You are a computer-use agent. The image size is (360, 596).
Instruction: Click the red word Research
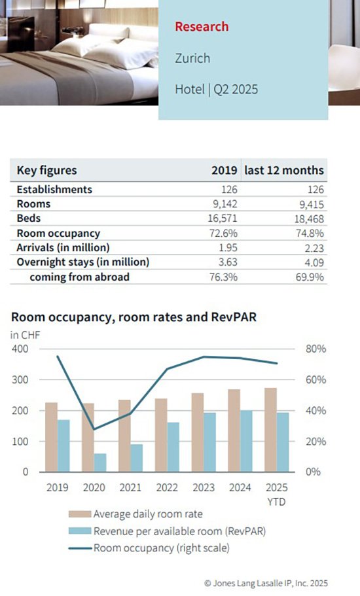point(202,27)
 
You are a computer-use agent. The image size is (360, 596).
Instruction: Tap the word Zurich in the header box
point(192,58)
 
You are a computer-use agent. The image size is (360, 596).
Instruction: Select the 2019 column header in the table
point(225,170)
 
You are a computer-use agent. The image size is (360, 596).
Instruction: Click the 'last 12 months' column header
point(284,170)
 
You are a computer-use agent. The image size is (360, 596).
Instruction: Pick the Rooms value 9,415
point(312,205)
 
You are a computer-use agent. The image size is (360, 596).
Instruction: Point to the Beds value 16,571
point(223,219)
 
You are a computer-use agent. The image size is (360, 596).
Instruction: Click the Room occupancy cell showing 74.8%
point(310,233)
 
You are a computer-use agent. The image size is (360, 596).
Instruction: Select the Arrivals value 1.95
point(228,248)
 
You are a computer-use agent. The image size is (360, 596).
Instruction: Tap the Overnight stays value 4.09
point(314,262)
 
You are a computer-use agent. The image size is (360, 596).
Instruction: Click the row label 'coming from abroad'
point(79,277)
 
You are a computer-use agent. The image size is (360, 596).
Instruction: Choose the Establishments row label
point(54,189)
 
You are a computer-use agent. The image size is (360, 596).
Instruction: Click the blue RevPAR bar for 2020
point(100,463)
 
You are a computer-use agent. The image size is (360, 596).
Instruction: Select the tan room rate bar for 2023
point(197,432)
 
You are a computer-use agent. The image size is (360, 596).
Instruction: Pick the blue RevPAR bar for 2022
point(173,447)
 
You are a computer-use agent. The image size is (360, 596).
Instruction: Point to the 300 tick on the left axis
point(20,379)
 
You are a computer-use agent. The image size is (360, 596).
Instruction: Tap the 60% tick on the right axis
point(315,379)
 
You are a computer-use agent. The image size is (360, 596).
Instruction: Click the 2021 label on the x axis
point(130,487)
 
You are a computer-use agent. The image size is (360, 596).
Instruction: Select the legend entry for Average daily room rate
point(135,514)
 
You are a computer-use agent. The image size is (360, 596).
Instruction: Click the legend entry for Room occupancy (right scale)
point(149,548)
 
